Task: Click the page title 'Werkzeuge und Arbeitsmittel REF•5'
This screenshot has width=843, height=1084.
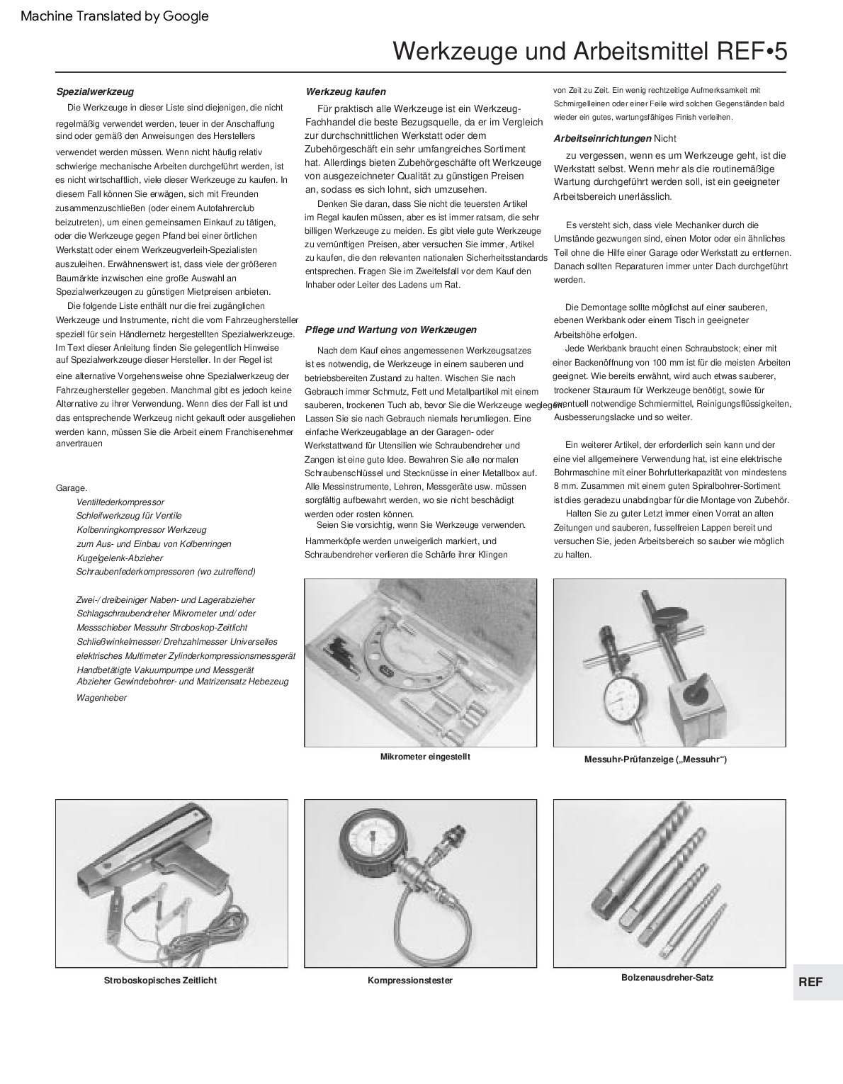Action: (x=589, y=52)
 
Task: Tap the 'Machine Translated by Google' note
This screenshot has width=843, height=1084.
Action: (x=115, y=16)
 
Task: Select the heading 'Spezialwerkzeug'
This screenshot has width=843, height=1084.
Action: (x=95, y=91)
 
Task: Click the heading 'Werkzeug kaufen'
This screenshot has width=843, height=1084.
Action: (x=346, y=91)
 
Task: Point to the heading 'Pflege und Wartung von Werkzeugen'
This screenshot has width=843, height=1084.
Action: (x=391, y=329)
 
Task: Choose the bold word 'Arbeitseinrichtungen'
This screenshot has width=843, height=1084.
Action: (x=602, y=139)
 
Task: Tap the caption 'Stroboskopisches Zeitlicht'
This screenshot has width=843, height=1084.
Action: (x=160, y=981)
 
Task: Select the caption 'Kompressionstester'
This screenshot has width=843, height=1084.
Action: (x=410, y=981)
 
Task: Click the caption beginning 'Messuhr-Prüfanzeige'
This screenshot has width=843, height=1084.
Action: (x=655, y=760)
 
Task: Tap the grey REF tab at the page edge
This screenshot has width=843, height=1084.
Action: (x=810, y=982)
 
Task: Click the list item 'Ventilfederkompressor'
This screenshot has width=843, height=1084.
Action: (x=120, y=502)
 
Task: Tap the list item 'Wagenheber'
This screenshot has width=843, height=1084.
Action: (x=101, y=698)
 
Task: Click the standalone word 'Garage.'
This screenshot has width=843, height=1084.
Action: (x=72, y=488)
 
